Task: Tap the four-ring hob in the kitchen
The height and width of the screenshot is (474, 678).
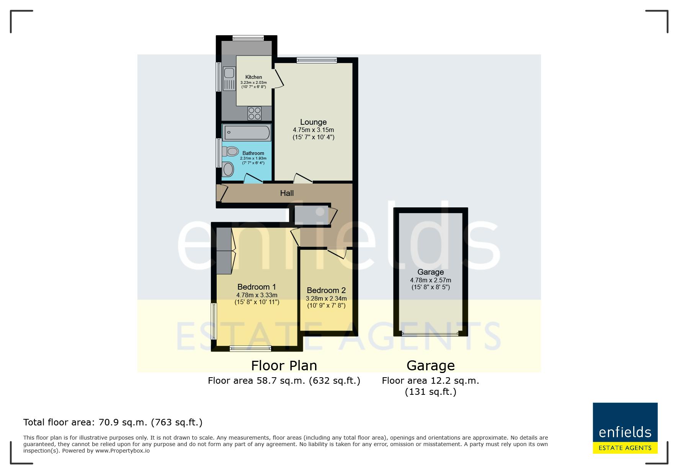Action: [x=255, y=113]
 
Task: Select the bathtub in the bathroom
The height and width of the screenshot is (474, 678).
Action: [x=247, y=132]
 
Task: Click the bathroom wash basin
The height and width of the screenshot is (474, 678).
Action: [x=228, y=169]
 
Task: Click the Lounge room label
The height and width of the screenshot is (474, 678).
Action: [x=313, y=122]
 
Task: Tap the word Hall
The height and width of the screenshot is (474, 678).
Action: [x=287, y=193]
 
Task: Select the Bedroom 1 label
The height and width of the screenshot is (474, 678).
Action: [x=256, y=287]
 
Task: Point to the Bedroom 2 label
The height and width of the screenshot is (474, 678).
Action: [x=326, y=290]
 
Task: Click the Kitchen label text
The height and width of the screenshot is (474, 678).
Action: [x=253, y=77]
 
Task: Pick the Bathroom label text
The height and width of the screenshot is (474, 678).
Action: [x=253, y=153]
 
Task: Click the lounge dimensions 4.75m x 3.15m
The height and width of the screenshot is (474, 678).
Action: [x=313, y=130]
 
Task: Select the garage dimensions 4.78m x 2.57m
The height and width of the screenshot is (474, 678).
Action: [x=431, y=280]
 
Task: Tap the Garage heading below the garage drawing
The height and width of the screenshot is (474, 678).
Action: [x=431, y=366]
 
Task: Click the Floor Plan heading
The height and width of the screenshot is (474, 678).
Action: [x=284, y=366]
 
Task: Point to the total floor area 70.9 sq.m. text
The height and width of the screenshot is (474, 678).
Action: [x=113, y=422]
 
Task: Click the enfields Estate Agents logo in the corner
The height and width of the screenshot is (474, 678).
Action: [x=625, y=428]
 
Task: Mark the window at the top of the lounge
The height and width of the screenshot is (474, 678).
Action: [x=317, y=60]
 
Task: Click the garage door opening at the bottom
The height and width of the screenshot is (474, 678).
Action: [x=430, y=334]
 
